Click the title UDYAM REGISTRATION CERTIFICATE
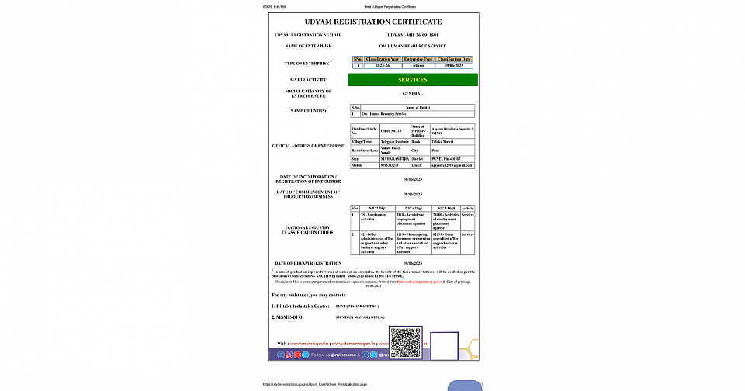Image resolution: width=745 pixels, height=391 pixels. click(x=374, y=22)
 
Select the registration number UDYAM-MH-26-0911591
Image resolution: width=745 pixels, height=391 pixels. click(x=413, y=36)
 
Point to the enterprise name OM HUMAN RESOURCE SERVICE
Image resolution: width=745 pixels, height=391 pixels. click(x=412, y=47)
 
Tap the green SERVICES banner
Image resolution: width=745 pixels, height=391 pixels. click(x=412, y=80)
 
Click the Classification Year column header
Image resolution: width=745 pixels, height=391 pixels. click(x=383, y=58)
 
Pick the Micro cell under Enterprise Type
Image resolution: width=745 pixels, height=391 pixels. click(x=418, y=67)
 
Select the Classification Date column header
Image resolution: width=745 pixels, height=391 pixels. click(x=454, y=58)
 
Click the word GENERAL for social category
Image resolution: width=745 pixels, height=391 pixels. click(x=412, y=93)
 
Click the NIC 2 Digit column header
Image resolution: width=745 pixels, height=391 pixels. click(x=377, y=208)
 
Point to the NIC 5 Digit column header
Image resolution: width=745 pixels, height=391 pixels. click(x=445, y=208)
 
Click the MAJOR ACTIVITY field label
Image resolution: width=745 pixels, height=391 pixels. click(x=308, y=80)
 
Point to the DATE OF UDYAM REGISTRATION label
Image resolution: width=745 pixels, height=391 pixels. click(x=308, y=263)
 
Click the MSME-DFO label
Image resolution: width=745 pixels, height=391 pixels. click(x=289, y=317)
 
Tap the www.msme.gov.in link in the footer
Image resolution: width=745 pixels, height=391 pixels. click(x=310, y=342)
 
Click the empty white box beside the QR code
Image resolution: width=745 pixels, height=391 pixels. click(x=444, y=345)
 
